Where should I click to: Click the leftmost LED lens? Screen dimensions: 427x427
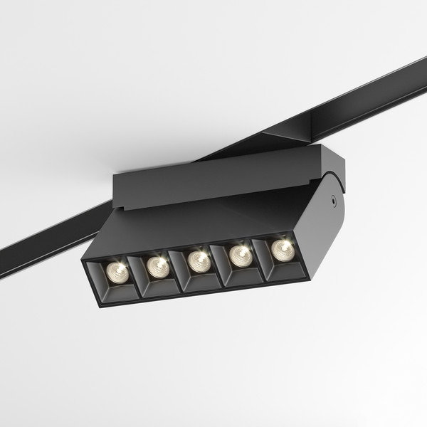tap(115, 270)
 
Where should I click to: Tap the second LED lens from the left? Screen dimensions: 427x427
tap(157, 265)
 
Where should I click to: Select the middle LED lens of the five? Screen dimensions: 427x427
tap(197, 260)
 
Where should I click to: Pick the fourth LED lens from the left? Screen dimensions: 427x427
tap(240, 254)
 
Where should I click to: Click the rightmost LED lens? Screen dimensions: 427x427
tap(282, 248)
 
